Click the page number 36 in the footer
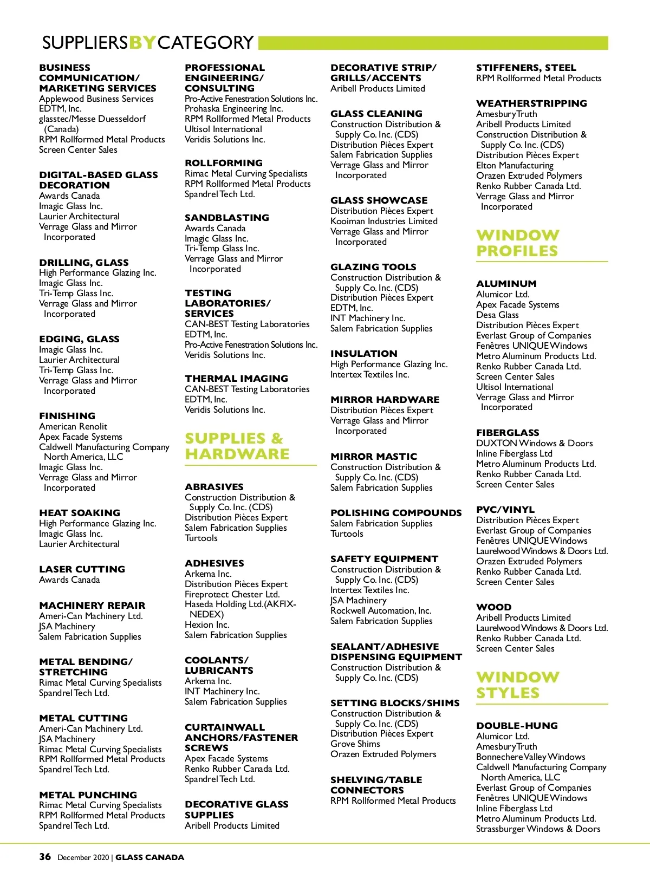pos(45,856)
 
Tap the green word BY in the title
pos(143,42)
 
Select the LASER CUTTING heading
pos(82,569)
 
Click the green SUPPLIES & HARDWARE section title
pos(237,446)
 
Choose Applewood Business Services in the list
pos(96,99)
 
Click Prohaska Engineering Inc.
pos(234,108)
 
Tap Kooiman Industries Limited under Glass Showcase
pos(384,221)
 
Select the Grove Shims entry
pos(355,744)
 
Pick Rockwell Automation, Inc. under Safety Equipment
pos(381,610)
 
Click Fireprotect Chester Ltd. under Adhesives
pos(232,594)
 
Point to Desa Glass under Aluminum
pos(497,315)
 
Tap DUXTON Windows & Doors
pos(534,443)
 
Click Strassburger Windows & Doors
pos(538,829)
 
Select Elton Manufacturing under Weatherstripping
pos(515,165)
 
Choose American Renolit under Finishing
pos(73,426)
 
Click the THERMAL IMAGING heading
pos(236,379)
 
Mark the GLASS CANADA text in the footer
pos(149,857)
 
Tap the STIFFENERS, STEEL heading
pos(526,68)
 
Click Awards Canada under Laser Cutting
pos(69,580)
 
